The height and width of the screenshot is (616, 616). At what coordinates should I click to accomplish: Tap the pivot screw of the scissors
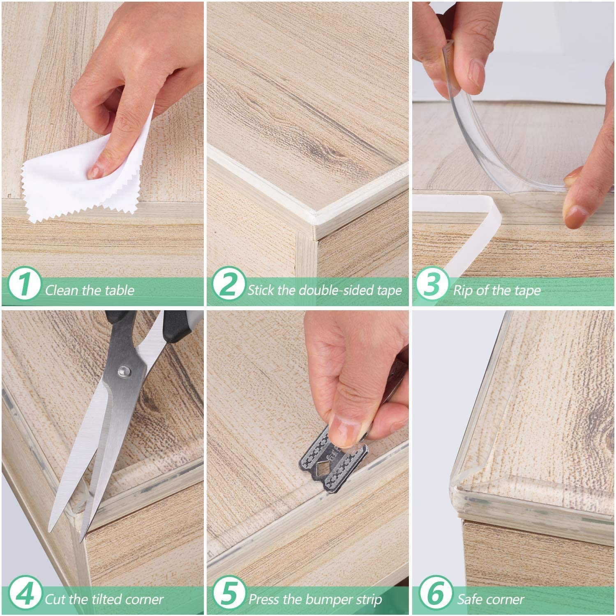point(122,371)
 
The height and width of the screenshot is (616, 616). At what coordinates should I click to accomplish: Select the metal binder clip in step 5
point(325,464)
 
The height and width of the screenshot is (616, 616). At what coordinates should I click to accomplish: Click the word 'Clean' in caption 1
point(62,291)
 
